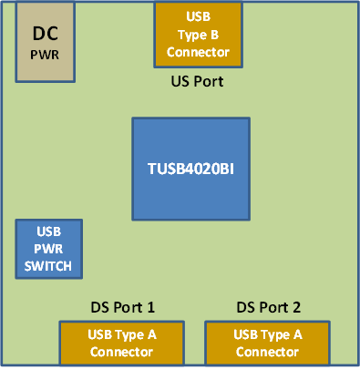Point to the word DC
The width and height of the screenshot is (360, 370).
[x=46, y=34]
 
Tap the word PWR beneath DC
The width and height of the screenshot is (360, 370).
[x=46, y=55]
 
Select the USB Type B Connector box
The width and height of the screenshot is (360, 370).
[x=198, y=35]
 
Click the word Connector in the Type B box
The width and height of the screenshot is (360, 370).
[x=198, y=52]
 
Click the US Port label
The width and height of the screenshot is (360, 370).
[x=198, y=81]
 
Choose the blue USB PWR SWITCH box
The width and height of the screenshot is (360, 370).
[x=49, y=249]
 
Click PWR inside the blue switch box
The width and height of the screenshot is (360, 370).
[x=49, y=249]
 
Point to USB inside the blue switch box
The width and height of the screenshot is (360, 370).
[x=49, y=232]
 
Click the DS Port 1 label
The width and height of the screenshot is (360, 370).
[x=122, y=307]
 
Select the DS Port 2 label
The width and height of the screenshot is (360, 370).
[x=268, y=307]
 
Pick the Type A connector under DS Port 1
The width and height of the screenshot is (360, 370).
[x=122, y=343]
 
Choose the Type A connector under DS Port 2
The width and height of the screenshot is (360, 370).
[x=268, y=343]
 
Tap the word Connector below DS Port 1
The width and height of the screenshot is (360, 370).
[x=122, y=352]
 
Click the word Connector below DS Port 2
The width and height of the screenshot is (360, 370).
[x=268, y=352]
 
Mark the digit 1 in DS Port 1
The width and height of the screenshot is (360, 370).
[x=151, y=307]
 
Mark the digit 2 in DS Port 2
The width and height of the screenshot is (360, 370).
[x=297, y=307]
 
